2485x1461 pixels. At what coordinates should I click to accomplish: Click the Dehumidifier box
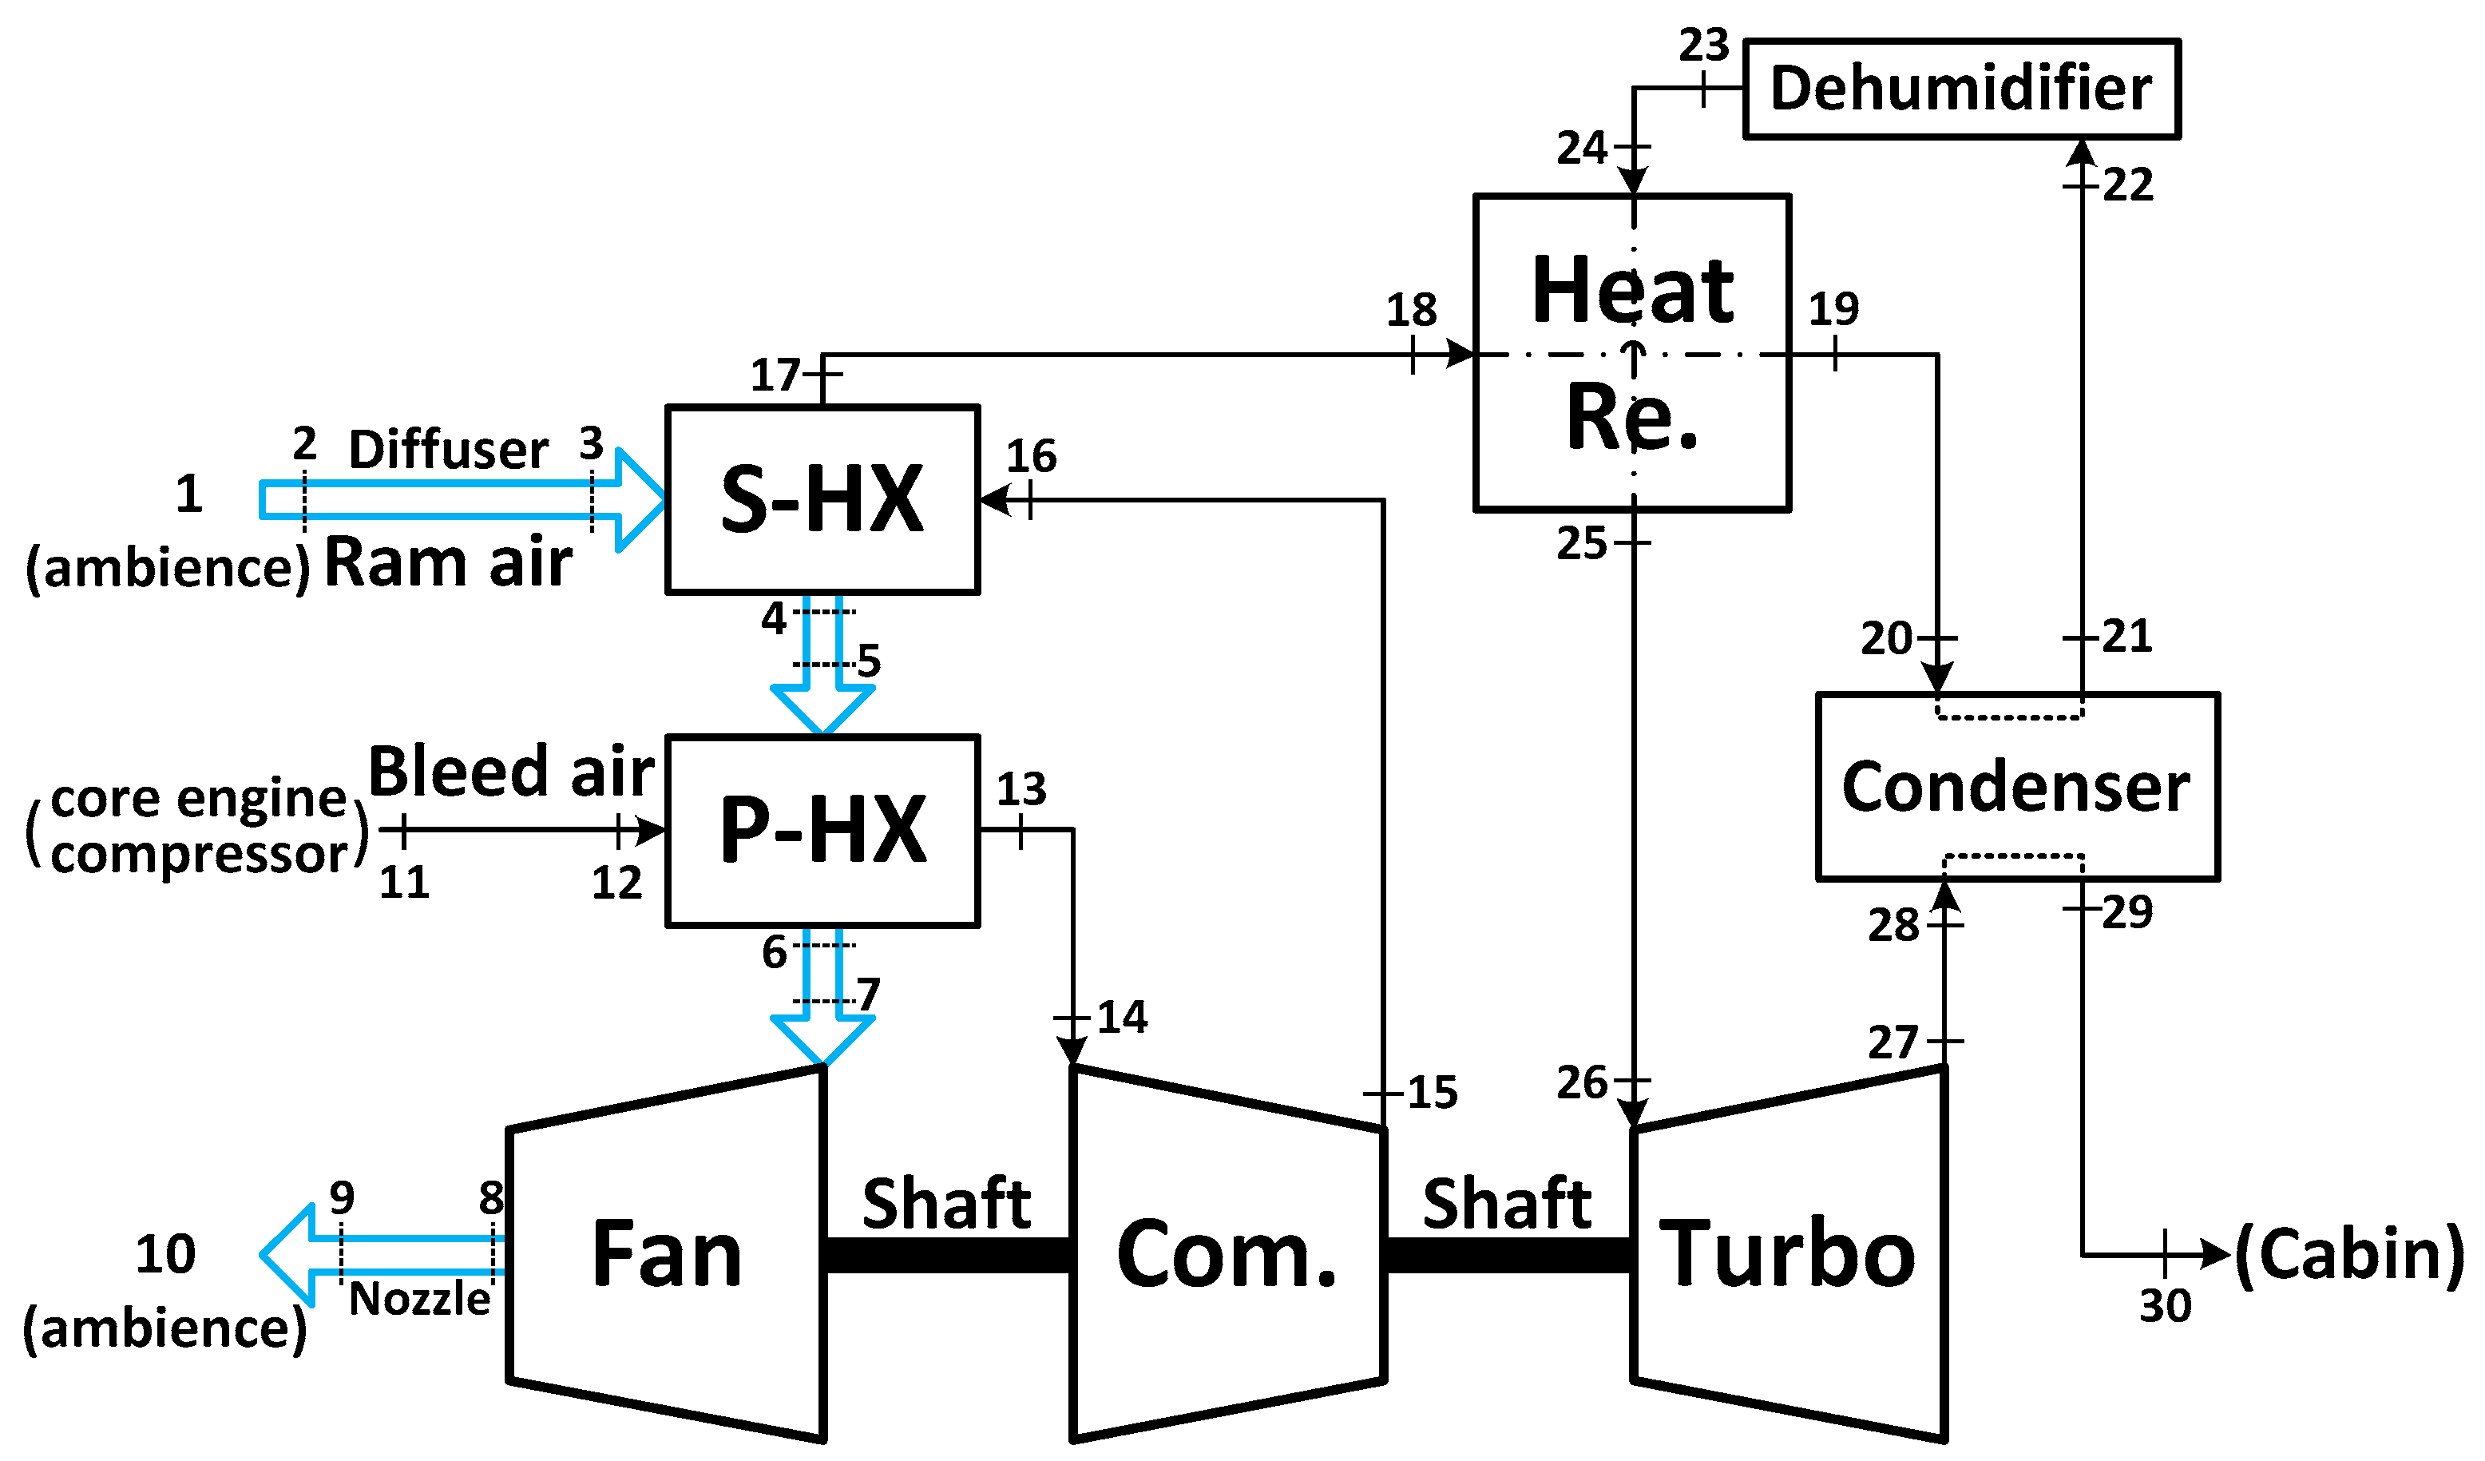point(1960,89)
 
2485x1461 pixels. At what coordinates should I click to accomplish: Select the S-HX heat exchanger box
point(822,499)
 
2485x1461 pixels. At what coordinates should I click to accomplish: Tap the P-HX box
point(822,831)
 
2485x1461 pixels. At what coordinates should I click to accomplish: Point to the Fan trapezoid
point(667,1254)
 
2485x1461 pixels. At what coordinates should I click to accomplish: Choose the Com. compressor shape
point(1227,1254)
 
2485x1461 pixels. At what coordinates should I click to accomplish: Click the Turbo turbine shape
point(1787,1254)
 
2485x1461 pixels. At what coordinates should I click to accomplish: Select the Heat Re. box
point(1632,352)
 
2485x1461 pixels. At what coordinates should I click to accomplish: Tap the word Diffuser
point(448,451)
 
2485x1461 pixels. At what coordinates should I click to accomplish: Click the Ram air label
point(448,563)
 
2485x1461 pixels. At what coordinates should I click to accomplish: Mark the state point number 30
point(2166,1306)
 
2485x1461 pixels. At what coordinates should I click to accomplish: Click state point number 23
point(1704,46)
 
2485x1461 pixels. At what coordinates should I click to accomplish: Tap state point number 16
point(1032,457)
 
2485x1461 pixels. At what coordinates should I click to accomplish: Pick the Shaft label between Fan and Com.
point(947,1204)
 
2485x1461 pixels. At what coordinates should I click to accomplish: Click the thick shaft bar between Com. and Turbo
point(1508,1256)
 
